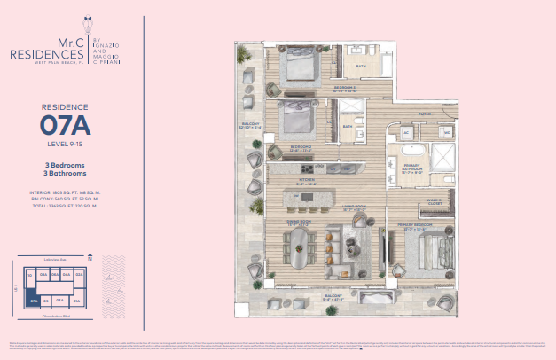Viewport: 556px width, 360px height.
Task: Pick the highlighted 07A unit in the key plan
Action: (33, 301)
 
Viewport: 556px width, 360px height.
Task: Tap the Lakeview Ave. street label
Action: (56, 259)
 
